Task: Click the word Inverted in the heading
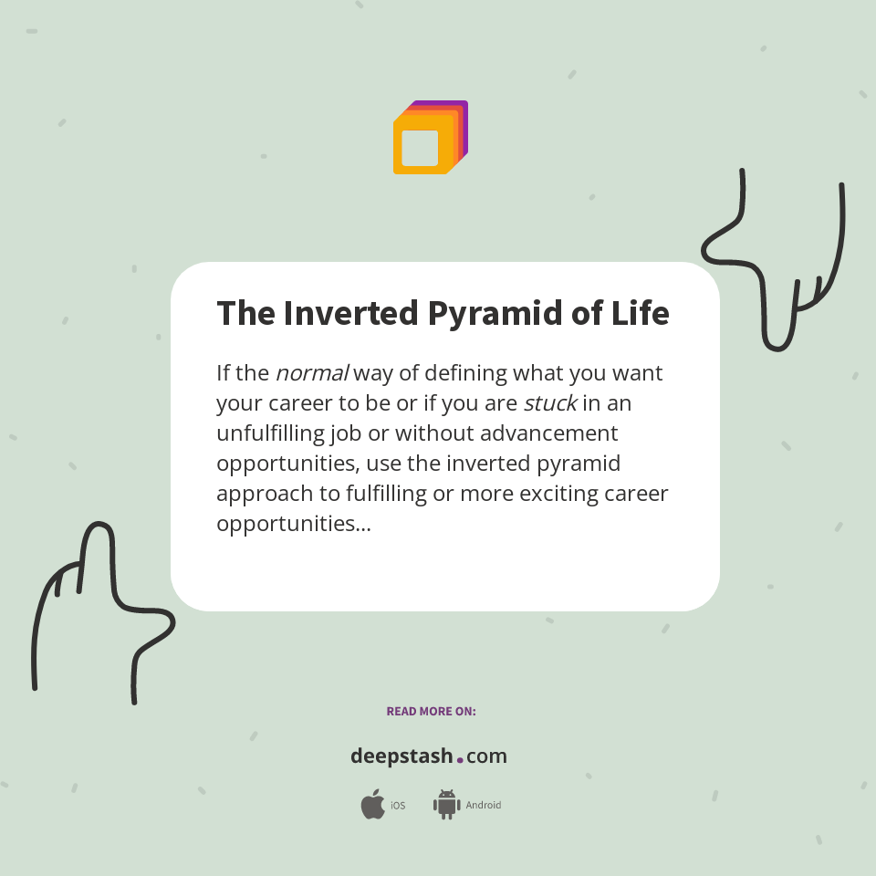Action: [x=350, y=313]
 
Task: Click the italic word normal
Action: [x=312, y=373]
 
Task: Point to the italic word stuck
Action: [x=550, y=403]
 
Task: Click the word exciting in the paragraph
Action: [x=559, y=495]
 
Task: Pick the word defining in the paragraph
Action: [x=466, y=373]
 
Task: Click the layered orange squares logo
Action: [x=430, y=138]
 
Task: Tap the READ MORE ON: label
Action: [x=431, y=711]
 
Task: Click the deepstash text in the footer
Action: [x=401, y=756]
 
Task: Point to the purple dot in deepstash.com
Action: [x=460, y=759]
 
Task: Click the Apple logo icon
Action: [x=372, y=805]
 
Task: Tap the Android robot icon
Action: [x=446, y=805]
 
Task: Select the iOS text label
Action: [x=398, y=806]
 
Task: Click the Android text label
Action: [x=483, y=806]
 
